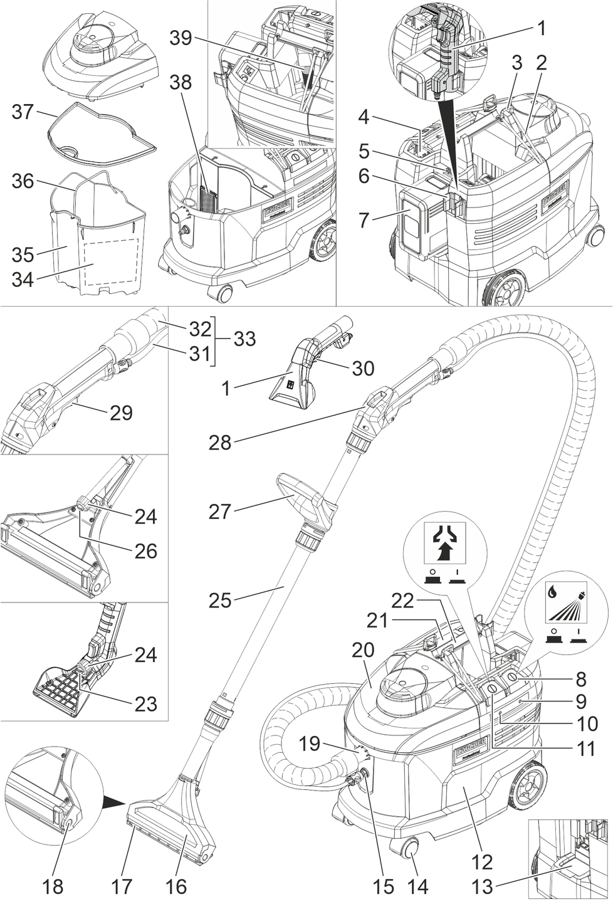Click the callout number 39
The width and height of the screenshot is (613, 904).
tap(181, 38)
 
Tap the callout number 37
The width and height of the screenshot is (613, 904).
tap(23, 112)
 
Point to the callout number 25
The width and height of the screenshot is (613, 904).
tap(220, 600)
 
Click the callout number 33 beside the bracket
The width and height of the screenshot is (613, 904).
tap(244, 339)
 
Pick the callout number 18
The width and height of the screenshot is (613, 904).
tap(54, 886)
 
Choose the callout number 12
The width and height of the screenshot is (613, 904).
tap(482, 862)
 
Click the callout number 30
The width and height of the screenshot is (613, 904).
tap(363, 368)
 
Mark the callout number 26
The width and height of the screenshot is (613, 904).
tap(145, 551)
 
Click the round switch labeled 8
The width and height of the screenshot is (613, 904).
tap(512, 677)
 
